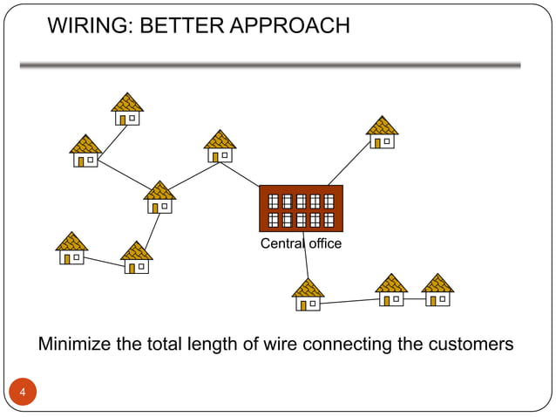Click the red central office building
point(301,208)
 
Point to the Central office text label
point(301,243)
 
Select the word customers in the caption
point(471,345)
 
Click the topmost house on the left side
point(127,109)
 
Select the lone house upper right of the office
point(382,133)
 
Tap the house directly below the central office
point(308,295)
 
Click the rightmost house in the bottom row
point(437,291)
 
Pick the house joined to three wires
point(159,197)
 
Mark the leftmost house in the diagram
point(71,249)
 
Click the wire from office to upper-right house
point(349,164)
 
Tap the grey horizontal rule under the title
point(270,65)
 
